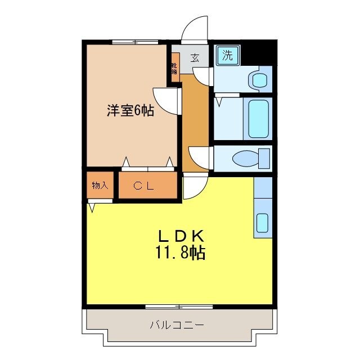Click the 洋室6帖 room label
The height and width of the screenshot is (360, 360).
tap(130, 110)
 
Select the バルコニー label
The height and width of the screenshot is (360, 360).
tap(177, 325)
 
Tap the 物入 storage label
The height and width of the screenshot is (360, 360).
tap(100, 186)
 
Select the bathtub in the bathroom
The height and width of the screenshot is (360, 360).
tap(259, 118)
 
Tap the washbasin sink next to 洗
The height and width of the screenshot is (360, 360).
tap(259, 79)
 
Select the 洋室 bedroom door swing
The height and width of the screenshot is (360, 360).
tap(165, 100)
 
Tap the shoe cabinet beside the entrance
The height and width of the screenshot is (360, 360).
tap(175, 68)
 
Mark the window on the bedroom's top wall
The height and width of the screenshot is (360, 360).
tap(135, 42)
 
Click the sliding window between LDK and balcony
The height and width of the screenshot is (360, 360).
tap(179, 307)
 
